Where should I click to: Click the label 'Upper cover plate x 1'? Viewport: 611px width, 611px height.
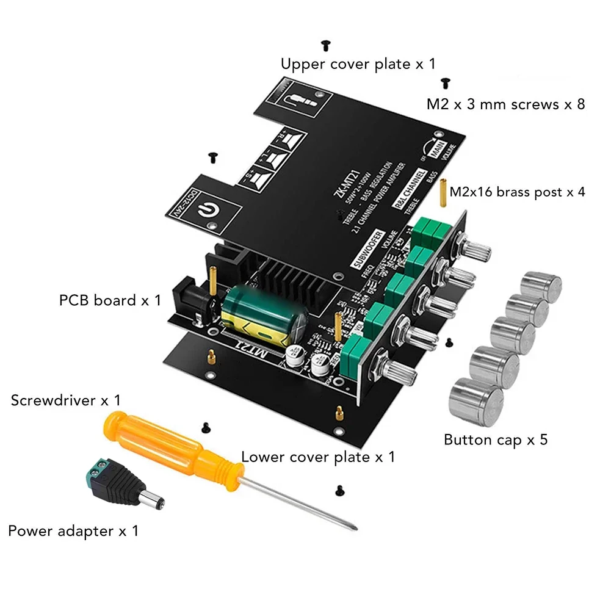click(358, 63)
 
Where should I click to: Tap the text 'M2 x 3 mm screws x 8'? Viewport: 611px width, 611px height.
click(505, 104)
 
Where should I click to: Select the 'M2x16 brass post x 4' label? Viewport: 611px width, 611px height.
click(517, 192)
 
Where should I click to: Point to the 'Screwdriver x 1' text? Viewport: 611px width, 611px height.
click(65, 400)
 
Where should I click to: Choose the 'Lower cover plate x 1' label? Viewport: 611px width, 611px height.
click(318, 457)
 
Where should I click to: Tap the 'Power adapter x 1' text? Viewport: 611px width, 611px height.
click(73, 531)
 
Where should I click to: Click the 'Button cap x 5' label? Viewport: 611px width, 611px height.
click(495, 439)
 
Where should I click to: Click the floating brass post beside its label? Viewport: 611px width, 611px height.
click(441, 192)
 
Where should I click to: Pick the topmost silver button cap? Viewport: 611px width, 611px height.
click(541, 286)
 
